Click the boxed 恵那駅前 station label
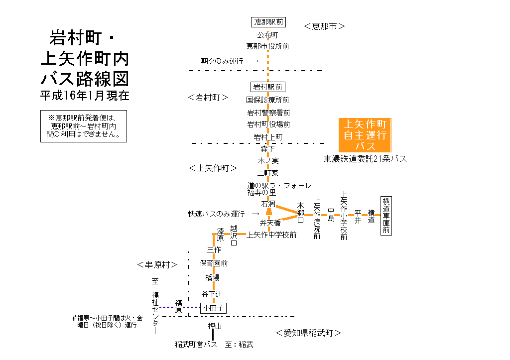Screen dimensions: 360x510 point(268,22)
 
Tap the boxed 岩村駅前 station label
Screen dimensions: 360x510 point(268,87)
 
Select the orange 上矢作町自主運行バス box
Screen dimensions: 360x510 point(365,135)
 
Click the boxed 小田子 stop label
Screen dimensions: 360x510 point(213,308)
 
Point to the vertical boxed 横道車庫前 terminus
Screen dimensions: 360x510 point(386,216)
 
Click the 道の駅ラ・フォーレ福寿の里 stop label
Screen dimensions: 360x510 point(279,189)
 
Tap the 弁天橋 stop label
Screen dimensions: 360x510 point(270,223)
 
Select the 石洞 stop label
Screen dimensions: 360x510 point(268,204)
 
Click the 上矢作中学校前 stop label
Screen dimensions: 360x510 point(271,235)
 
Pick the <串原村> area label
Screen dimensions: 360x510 point(157,264)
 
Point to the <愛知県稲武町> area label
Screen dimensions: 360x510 point(308,333)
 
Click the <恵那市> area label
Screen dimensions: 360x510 point(324,26)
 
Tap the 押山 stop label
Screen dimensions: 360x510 point(214,327)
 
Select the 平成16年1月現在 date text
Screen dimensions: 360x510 point(85,96)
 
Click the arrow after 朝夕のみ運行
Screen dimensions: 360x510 point(255,61)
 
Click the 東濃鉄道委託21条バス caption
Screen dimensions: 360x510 point(365,159)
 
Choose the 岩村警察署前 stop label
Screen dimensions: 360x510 point(268,113)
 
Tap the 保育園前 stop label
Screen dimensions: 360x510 point(214,263)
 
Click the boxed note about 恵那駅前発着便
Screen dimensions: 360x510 point(84,126)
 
